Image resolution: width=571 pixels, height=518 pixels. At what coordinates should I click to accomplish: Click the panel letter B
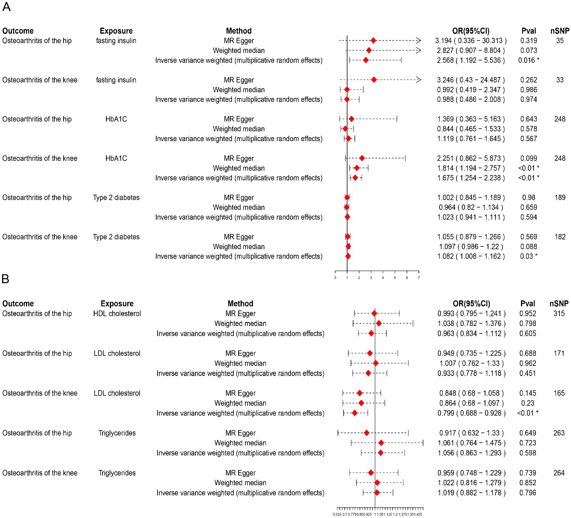tap(5, 279)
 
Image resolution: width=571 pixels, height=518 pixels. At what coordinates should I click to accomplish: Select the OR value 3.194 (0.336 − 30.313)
tap(471, 40)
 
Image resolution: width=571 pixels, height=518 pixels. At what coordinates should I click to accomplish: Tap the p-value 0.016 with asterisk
tap(528, 60)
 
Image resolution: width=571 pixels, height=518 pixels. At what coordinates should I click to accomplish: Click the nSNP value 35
tap(560, 40)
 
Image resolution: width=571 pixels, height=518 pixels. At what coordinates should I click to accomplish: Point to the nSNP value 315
tap(559, 313)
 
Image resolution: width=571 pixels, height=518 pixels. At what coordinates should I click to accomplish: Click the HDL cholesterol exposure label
tap(117, 313)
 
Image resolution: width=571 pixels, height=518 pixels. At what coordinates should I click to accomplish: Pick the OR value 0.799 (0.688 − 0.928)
tap(471, 413)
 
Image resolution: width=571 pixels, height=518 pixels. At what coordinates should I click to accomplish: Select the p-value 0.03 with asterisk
tap(528, 256)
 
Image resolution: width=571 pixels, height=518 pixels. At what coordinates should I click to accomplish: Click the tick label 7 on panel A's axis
tap(419, 278)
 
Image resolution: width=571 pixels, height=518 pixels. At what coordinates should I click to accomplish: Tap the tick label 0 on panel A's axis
tap(335, 278)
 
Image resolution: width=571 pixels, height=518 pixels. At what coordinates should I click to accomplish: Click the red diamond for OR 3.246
tap(374, 79)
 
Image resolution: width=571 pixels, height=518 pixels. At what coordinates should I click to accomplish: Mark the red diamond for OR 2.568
tap(366, 60)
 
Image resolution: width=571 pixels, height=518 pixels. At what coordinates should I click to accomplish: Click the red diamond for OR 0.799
tap(355, 413)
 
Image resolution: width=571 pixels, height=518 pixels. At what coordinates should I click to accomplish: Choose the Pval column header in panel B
tap(528, 303)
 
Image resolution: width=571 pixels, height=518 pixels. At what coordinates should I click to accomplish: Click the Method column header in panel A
tap(239, 31)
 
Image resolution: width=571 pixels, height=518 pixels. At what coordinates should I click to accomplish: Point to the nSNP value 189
tap(560, 197)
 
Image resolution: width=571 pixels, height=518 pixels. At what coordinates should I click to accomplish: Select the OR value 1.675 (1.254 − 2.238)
tap(471, 178)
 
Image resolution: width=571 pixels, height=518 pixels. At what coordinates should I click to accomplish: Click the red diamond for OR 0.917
tap(366, 433)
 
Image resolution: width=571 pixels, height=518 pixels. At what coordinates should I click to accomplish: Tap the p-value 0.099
tap(528, 158)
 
